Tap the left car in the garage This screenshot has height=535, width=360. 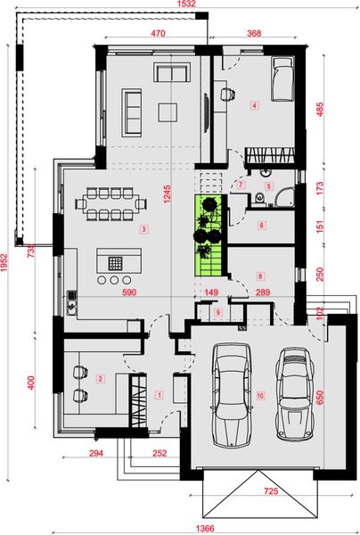(x=232, y=398)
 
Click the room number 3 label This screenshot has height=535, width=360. (x=143, y=229)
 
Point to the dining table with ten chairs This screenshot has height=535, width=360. (x=112, y=202)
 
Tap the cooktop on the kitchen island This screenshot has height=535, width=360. (x=114, y=262)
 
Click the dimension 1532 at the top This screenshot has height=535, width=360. (x=185, y=5)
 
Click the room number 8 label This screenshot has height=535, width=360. (x=260, y=276)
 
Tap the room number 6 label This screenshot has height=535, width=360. (x=261, y=226)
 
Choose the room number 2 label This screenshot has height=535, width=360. (x=101, y=379)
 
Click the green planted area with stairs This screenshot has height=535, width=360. (x=209, y=235)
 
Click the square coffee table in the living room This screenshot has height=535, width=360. (x=168, y=111)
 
